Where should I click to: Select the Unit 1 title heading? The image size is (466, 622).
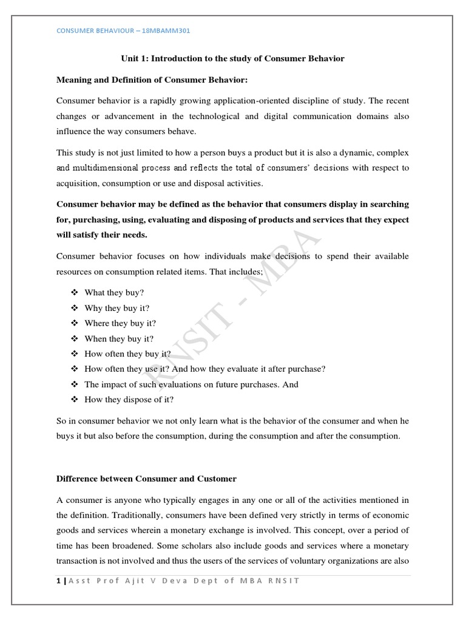point(232,58)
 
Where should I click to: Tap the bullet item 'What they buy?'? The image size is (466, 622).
point(114,292)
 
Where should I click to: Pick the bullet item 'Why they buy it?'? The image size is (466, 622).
point(116,308)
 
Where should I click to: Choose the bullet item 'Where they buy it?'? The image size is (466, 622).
point(120,323)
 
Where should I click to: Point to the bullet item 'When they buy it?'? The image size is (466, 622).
point(119,338)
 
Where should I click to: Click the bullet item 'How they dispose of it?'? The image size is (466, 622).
point(129,400)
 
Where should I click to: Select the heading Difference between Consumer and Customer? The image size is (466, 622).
point(146,479)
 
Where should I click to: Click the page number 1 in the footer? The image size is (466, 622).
point(58,581)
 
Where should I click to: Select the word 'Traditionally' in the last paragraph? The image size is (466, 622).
point(125,515)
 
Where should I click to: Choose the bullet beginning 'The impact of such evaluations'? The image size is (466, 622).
point(191,384)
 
